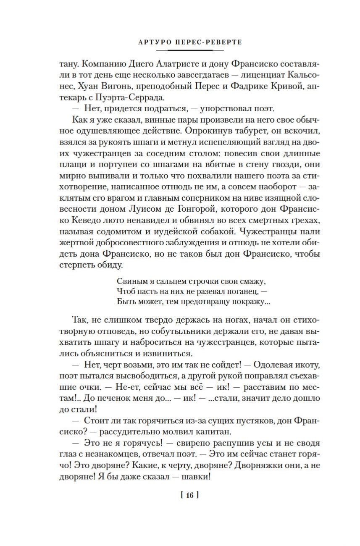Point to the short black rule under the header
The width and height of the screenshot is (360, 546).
point(189,50)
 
